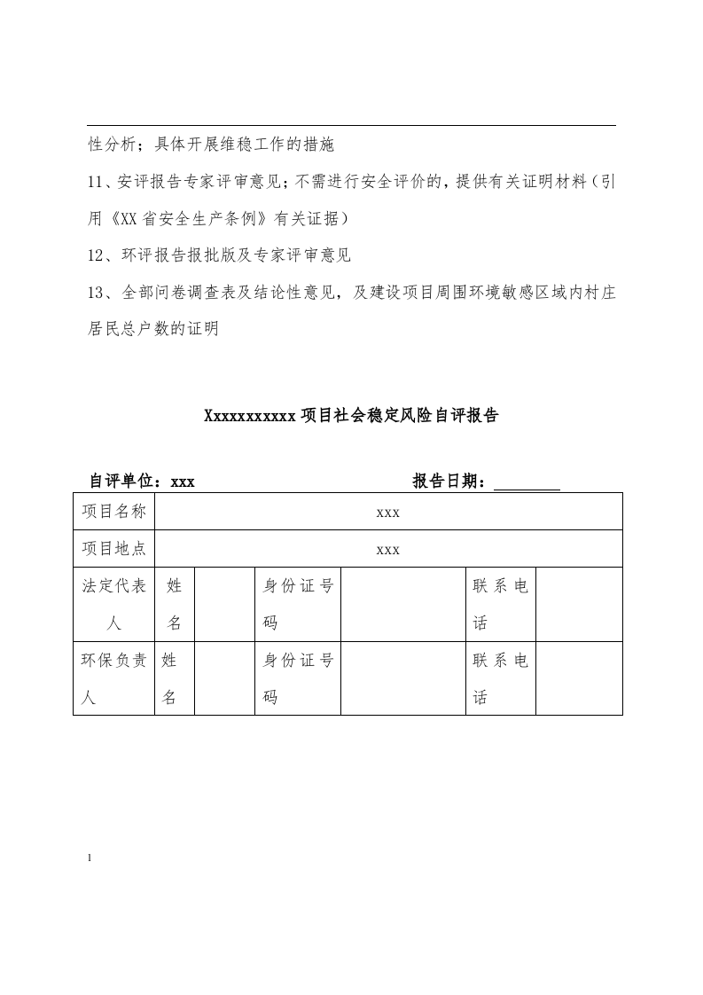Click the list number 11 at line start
click(97, 183)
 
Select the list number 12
click(97, 255)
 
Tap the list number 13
click(97, 292)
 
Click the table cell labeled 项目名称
click(113, 512)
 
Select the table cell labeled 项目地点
click(113, 549)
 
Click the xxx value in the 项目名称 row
click(388, 513)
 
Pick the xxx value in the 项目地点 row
click(388, 550)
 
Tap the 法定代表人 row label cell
click(113, 604)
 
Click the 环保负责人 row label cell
click(113, 678)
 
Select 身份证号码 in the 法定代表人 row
click(298, 604)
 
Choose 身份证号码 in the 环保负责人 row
click(298, 678)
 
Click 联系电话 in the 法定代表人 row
click(501, 604)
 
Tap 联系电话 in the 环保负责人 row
click(501, 678)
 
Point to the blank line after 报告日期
click(526, 483)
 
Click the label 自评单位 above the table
click(124, 482)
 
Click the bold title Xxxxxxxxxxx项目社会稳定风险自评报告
click(351, 415)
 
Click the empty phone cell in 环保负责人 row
click(579, 678)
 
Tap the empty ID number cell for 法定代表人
click(403, 604)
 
